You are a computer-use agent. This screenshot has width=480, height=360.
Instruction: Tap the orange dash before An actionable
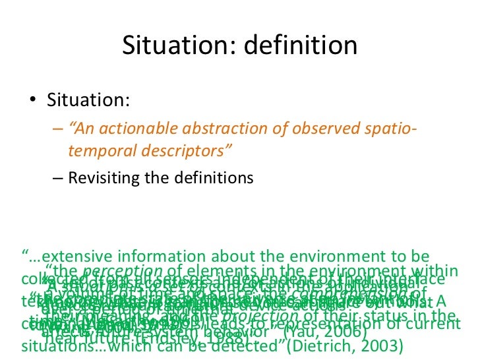(x=57, y=128)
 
